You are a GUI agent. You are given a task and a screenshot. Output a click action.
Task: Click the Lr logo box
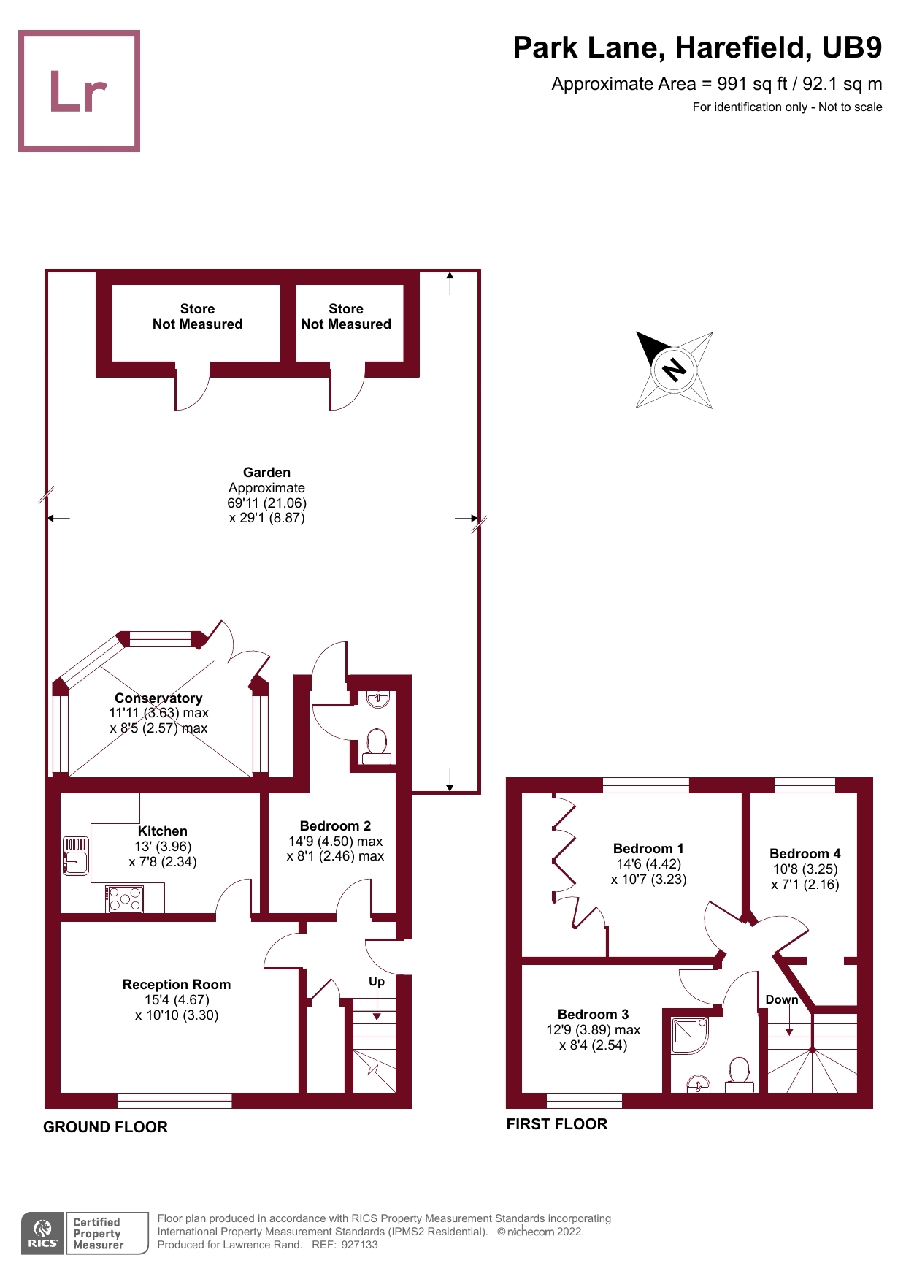click(79, 91)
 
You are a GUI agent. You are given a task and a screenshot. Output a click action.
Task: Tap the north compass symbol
click(674, 370)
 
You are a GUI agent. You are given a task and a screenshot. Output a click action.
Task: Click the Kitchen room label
click(163, 831)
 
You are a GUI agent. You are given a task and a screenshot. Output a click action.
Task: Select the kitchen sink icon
click(75, 855)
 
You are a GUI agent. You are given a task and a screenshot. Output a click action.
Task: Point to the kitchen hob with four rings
click(125, 898)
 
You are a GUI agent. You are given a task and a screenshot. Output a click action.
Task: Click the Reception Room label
click(177, 985)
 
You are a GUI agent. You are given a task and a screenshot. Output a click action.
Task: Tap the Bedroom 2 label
click(335, 826)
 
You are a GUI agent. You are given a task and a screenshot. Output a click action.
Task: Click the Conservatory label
click(158, 698)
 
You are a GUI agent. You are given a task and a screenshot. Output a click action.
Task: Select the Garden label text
click(266, 473)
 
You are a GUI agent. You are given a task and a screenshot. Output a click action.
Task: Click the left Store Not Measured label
click(197, 316)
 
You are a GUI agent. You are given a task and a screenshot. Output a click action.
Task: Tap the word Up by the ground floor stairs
click(377, 981)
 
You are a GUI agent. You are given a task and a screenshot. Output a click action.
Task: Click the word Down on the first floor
click(781, 999)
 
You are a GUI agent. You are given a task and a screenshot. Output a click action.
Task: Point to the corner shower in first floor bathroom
click(688, 1035)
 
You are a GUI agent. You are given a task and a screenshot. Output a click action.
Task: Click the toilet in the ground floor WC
click(377, 746)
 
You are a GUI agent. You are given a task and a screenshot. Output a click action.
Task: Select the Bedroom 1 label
click(648, 849)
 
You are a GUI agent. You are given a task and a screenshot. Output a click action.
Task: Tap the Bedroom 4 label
click(805, 854)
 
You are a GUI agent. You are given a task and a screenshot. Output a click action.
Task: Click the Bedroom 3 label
click(593, 1015)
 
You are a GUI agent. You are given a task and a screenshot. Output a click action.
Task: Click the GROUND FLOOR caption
click(105, 1127)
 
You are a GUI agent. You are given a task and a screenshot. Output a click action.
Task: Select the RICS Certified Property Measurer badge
click(85, 1233)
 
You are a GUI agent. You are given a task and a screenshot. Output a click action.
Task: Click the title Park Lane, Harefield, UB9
click(697, 48)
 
